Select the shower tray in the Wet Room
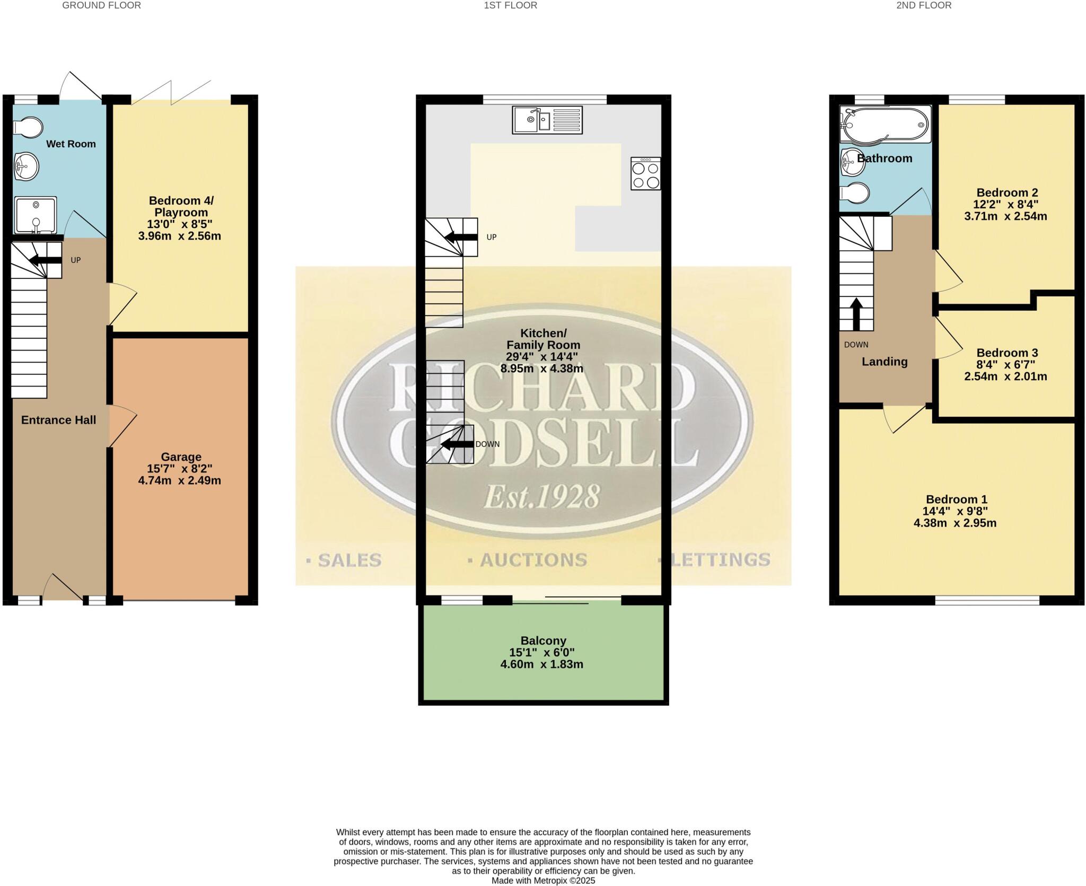pyautogui.click(x=35, y=215)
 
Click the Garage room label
pyautogui.click(x=181, y=457)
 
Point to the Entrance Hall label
pyautogui.click(x=58, y=420)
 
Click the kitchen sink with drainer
pyautogui.click(x=547, y=120)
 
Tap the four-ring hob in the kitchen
pyautogui.click(x=645, y=173)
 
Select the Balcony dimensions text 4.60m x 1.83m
pyautogui.click(x=542, y=664)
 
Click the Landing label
pyautogui.click(x=884, y=362)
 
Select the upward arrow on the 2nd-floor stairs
pyautogui.click(x=856, y=314)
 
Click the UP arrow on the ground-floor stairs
pyautogui.click(x=44, y=260)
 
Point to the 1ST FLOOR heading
pyautogui.click(x=510, y=5)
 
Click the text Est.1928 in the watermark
pyautogui.click(x=541, y=497)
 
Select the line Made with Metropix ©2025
pyautogui.click(x=543, y=881)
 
